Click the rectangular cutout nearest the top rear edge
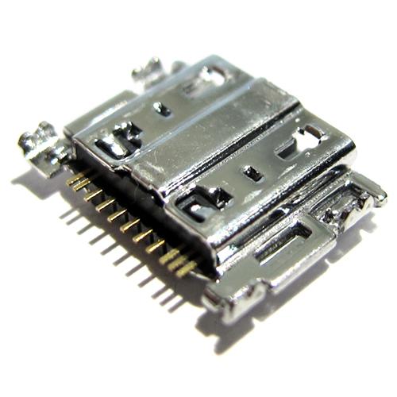211,77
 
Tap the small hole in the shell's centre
252,172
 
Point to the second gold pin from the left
82,187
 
